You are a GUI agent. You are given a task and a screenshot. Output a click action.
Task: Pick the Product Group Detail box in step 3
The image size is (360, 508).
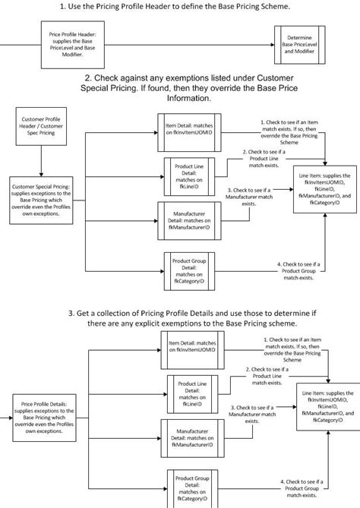(189, 487)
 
